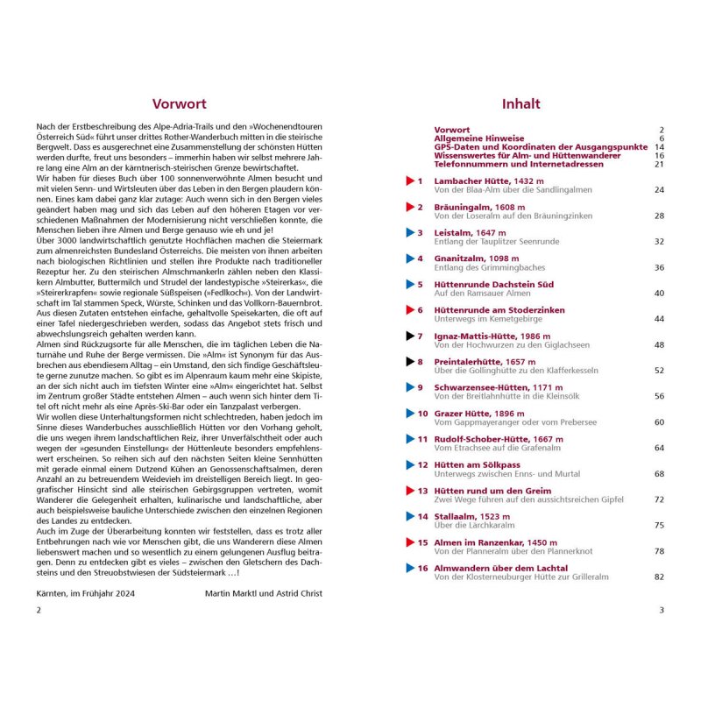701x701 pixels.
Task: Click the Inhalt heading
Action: coord(521,103)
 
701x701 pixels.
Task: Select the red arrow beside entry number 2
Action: coord(409,207)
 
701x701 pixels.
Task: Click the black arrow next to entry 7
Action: coord(409,336)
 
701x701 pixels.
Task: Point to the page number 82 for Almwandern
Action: coord(659,577)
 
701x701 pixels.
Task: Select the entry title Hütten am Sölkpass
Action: coord(477,464)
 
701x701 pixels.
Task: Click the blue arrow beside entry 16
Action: coord(409,568)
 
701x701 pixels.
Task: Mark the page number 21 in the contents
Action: coord(659,164)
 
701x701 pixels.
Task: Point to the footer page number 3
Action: coord(662,610)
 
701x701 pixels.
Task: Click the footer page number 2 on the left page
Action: coord(38,610)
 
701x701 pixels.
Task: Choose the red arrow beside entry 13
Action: coord(409,491)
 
